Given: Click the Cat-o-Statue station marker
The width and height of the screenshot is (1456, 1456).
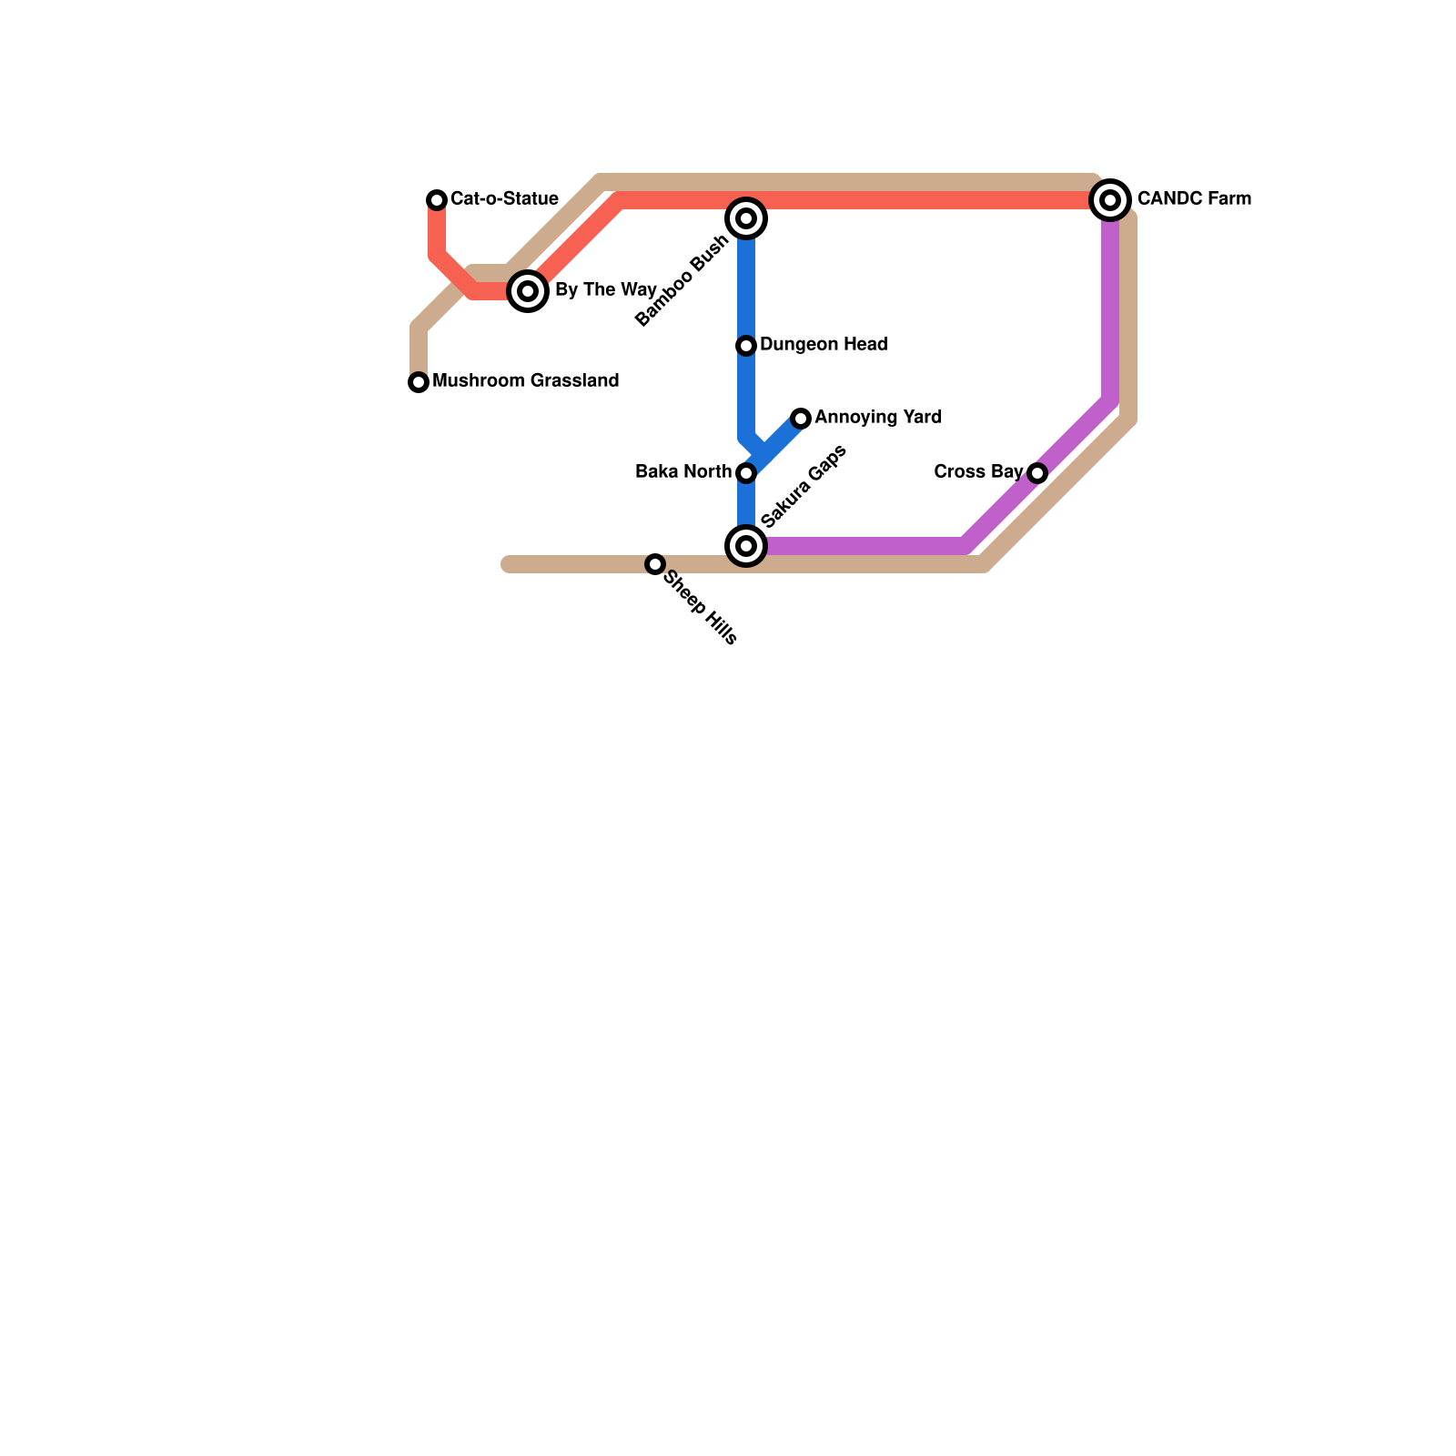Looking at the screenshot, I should click(437, 200).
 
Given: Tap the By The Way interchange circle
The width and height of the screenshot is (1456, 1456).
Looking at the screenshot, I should click(528, 291).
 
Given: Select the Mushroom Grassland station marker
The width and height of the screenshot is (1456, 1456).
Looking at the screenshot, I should click(419, 382).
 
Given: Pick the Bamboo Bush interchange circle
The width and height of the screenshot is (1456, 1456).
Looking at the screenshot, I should click(746, 218).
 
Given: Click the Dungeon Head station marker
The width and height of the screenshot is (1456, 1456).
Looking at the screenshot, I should click(746, 346).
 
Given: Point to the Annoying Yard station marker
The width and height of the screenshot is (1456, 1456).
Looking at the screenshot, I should click(801, 419).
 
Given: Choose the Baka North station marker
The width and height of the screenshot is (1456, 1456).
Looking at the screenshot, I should click(746, 473).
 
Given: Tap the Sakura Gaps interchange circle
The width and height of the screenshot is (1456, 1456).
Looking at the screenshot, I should click(746, 546).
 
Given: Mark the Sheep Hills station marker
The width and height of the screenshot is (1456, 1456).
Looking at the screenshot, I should click(655, 564).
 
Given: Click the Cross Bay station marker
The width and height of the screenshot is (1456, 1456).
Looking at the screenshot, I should click(1037, 473).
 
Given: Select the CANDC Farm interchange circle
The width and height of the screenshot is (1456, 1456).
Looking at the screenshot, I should click(1110, 200).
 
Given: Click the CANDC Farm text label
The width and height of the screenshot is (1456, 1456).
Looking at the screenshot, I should click(1194, 199).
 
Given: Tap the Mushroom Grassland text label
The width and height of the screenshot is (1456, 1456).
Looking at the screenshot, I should click(525, 381).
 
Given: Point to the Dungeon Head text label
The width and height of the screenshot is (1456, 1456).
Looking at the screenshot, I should click(824, 345).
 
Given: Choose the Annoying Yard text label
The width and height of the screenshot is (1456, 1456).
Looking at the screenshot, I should click(878, 418).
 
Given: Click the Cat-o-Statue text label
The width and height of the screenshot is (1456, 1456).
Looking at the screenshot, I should click(504, 199).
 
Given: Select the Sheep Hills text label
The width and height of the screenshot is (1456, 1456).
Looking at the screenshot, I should click(701, 608).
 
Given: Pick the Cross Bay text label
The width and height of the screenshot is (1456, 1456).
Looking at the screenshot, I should click(978, 472).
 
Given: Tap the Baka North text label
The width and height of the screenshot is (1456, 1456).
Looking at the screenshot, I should click(683, 472).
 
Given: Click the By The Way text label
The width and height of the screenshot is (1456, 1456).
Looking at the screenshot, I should click(605, 290).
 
